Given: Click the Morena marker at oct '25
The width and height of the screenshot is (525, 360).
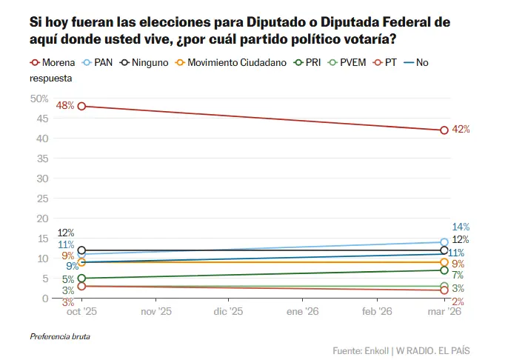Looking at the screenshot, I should (x=81, y=106).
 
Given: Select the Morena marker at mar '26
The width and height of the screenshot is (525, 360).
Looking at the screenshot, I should (x=444, y=130).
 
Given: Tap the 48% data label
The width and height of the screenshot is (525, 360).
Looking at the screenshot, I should (x=65, y=106).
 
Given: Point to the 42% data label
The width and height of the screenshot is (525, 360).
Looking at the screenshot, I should (x=461, y=130).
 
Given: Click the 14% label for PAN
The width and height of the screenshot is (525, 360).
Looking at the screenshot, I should (x=461, y=227).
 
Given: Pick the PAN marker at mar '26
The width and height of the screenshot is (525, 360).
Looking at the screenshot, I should (x=444, y=242).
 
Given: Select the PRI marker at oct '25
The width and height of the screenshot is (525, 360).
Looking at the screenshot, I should (x=81, y=279).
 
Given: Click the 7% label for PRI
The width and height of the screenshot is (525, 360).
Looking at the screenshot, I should (x=458, y=275).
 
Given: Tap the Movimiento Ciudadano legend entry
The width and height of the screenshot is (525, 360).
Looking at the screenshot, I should (x=231, y=63).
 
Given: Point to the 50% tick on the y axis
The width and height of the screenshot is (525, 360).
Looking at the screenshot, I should (x=39, y=99).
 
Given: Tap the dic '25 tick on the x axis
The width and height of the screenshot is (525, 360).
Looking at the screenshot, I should (x=228, y=313).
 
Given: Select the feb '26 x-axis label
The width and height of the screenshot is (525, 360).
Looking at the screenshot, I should (x=376, y=313).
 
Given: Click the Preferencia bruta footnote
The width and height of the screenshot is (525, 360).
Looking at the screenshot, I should (x=60, y=336).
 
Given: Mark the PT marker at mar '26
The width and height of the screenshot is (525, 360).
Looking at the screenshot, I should (x=444, y=290).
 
